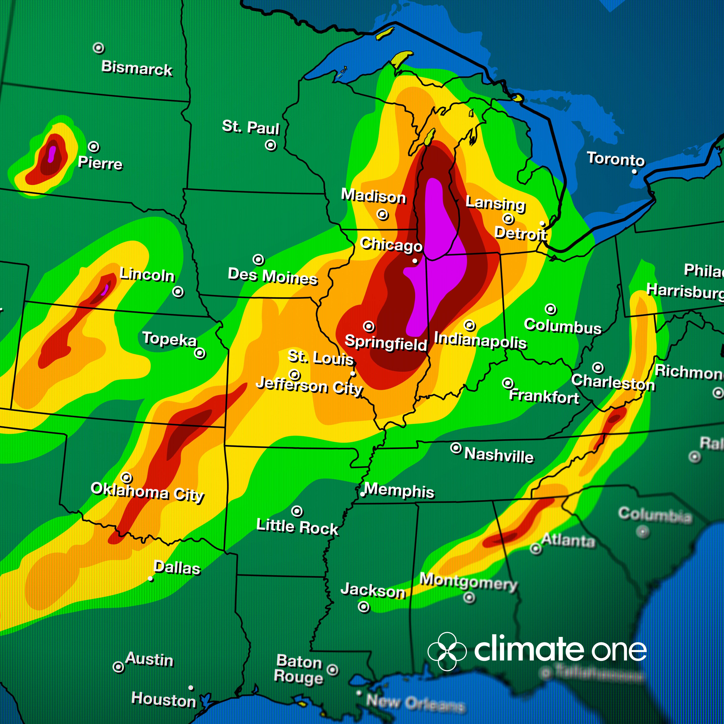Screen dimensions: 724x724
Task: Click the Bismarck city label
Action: [x=137, y=68]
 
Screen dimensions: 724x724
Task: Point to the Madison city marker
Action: [x=382, y=215]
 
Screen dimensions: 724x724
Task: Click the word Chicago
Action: [x=391, y=245]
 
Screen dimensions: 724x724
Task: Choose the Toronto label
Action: [x=616, y=159]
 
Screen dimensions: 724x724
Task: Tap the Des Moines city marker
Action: [x=258, y=259]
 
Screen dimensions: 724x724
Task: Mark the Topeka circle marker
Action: [x=200, y=353]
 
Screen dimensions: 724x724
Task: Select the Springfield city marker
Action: [x=369, y=326]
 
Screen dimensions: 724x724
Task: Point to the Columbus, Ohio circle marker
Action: [x=551, y=309]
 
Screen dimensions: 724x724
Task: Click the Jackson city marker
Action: [x=363, y=607]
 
